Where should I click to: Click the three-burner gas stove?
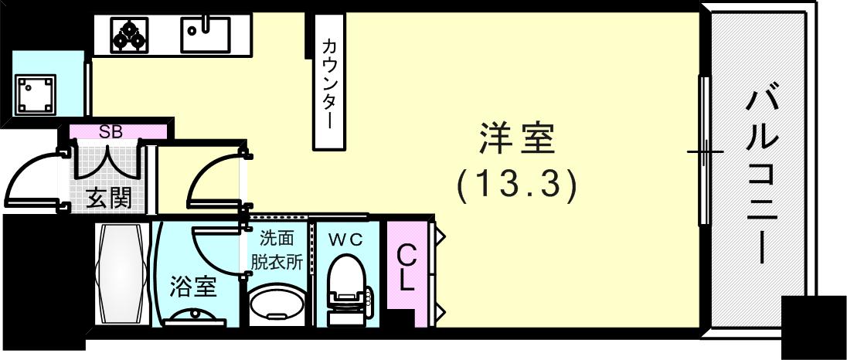click(x=129, y=34)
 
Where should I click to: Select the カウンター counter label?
click(x=330, y=83)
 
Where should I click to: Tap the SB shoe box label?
click(x=111, y=131)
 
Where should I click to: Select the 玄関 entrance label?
click(x=107, y=198)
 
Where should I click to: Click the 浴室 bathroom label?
click(x=192, y=287)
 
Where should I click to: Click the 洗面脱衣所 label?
click(x=276, y=249)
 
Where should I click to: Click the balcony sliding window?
click(x=705, y=151)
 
